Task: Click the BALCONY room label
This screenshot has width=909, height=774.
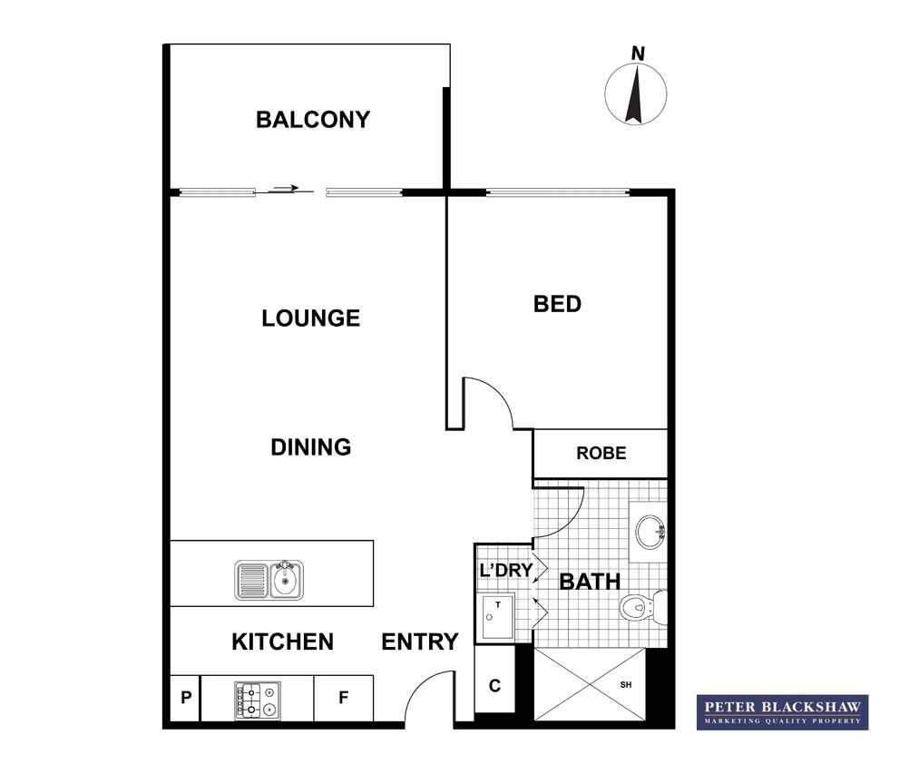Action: coord(313,120)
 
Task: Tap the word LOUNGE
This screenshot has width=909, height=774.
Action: coord(311,318)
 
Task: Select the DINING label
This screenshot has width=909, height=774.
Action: coord(311,447)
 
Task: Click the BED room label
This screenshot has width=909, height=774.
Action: coord(557,304)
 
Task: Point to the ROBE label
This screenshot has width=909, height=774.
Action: coord(601,453)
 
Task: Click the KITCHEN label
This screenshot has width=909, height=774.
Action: coord(282,642)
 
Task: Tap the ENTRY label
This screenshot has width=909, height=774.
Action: coord(420,642)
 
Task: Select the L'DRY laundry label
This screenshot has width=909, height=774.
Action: coord(505,570)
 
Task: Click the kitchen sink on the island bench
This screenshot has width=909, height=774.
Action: coord(269,580)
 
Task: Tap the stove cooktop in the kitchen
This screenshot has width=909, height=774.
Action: coord(258,701)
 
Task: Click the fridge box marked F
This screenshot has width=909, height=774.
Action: coord(343,698)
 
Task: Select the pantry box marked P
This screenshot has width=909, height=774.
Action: coord(185,698)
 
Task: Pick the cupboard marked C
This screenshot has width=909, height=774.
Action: coord(494,686)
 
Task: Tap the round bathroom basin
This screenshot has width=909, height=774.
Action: coord(650,531)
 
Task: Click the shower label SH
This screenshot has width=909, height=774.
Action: coord(626,685)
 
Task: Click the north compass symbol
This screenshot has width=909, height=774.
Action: coord(636,90)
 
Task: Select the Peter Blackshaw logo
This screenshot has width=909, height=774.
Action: coord(782,712)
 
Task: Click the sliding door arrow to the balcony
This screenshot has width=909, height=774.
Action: coord(284,189)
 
